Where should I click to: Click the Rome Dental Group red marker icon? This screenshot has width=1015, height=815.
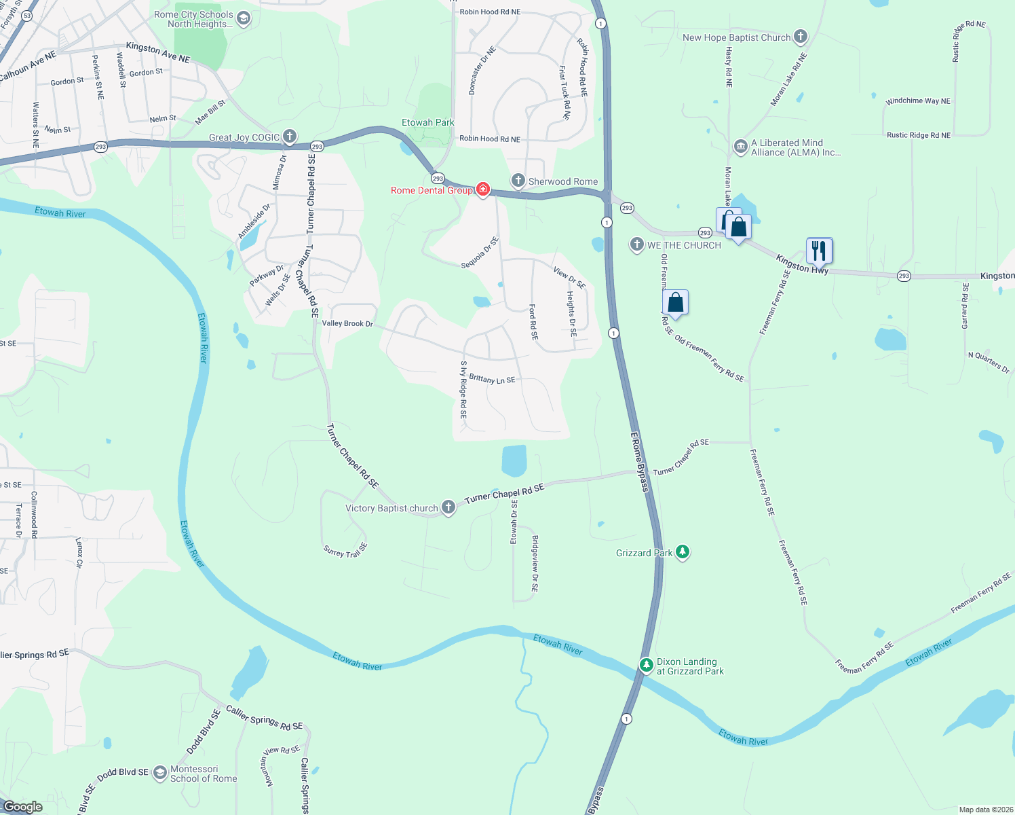pyautogui.click(x=483, y=189)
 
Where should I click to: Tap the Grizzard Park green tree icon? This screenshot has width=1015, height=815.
pyautogui.click(x=683, y=552)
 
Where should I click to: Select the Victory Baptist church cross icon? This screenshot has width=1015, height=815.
pyautogui.click(x=448, y=507)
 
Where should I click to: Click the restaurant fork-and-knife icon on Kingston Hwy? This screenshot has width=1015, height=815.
pyautogui.click(x=819, y=251)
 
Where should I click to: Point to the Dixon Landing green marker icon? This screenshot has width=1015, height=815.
pyautogui.click(x=647, y=665)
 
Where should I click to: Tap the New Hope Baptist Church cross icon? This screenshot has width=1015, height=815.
pyautogui.click(x=801, y=37)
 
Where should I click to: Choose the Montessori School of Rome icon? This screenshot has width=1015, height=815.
pyautogui.click(x=160, y=773)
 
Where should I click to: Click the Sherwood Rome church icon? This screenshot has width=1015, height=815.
pyautogui.click(x=518, y=181)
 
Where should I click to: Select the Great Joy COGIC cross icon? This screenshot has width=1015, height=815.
pyautogui.click(x=290, y=137)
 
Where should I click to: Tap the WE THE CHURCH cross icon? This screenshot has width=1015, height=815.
pyautogui.click(x=636, y=244)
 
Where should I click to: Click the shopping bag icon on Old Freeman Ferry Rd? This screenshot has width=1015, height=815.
pyautogui.click(x=675, y=302)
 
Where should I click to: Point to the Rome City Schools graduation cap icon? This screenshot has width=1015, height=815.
pyautogui.click(x=244, y=18)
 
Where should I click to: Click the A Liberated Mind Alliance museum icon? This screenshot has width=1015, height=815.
pyautogui.click(x=741, y=147)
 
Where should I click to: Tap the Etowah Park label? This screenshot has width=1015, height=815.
pyautogui.click(x=427, y=122)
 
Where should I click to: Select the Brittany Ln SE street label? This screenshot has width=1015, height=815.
pyautogui.click(x=492, y=379)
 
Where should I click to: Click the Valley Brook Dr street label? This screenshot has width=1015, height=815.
pyautogui.click(x=347, y=323)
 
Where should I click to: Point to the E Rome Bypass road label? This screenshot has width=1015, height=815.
pyautogui.click(x=639, y=462)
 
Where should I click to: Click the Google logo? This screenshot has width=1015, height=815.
pyautogui.click(x=23, y=806)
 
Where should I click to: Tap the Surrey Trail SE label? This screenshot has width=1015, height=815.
pyautogui.click(x=345, y=551)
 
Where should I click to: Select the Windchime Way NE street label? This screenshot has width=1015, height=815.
pyautogui.click(x=918, y=101)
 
